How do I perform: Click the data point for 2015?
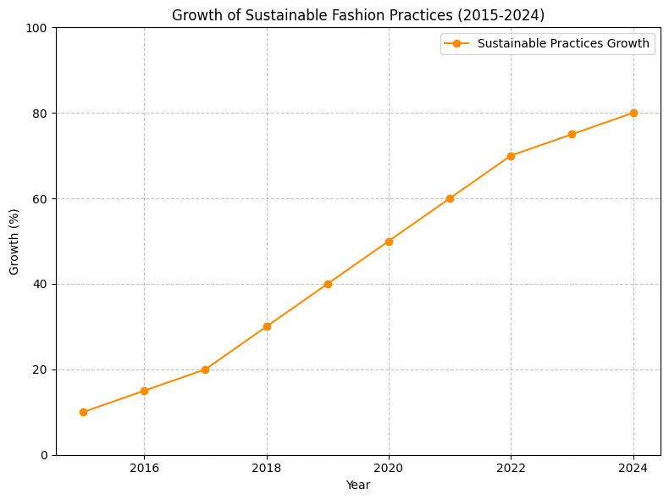click(x=83, y=412)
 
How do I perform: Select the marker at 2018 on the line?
click(x=267, y=326)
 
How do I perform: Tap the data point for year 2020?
click(x=389, y=242)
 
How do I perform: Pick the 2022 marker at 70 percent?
click(x=511, y=156)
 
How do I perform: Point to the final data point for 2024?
click(x=633, y=113)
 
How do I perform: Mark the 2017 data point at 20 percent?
click(x=205, y=369)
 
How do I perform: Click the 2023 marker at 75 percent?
click(x=572, y=134)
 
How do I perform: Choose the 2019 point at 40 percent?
click(x=328, y=284)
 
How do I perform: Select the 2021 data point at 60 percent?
click(x=450, y=198)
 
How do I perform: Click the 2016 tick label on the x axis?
click(x=144, y=468)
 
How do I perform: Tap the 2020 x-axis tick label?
click(x=389, y=468)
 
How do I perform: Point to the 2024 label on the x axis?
click(x=633, y=468)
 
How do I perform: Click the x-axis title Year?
click(x=358, y=485)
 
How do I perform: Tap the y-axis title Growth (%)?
click(x=14, y=242)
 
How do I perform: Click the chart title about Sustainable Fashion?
click(x=358, y=15)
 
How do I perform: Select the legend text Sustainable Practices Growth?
click(x=563, y=43)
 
